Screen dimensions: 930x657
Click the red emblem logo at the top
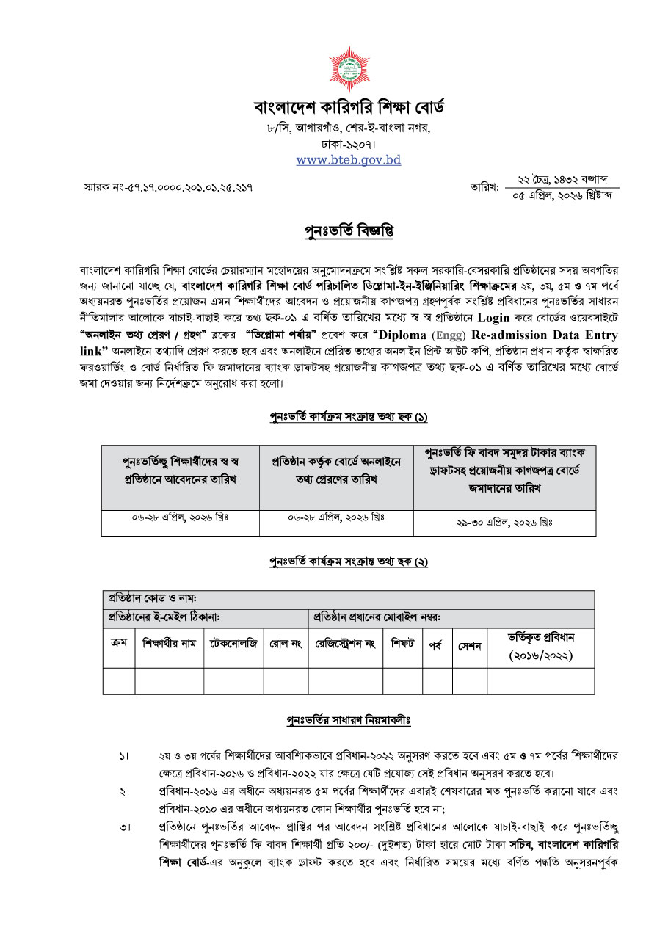(349, 69)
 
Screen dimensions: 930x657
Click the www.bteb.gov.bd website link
(349, 159)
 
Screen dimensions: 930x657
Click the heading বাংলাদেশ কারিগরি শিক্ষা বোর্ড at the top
(349, 108)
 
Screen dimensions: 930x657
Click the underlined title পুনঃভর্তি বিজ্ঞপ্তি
(349, 232)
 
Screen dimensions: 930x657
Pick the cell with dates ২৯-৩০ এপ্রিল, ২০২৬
(504, 523)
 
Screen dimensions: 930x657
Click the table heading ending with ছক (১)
(348, 417)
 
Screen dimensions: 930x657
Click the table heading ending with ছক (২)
(348, 562)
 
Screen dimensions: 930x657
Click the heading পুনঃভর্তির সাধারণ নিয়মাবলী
(348, 720)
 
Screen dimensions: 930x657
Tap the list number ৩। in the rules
(124, 828)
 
